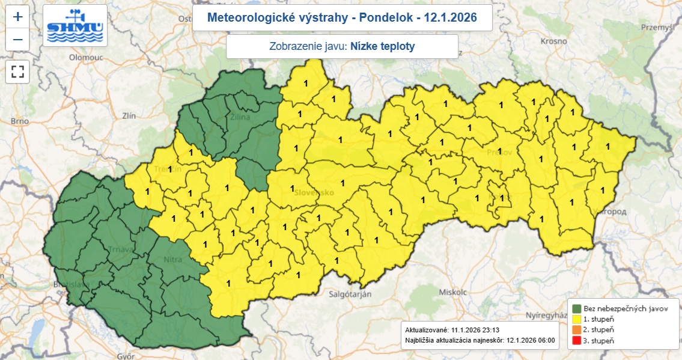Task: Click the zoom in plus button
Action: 17,17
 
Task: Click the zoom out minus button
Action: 17,40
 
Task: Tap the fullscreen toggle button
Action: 17,72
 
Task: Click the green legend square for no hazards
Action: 576,308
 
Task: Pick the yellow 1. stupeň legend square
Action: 576,319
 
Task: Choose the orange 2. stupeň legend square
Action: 576,330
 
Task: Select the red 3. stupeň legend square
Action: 576,341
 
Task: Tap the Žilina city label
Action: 240,118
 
